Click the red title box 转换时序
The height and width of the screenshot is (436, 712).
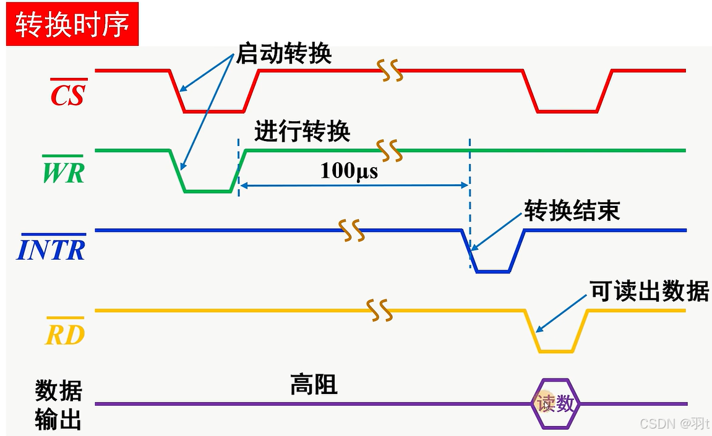[72, 25]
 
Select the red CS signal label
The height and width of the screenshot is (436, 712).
[67, 93]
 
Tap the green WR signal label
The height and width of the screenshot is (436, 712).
[62, 172]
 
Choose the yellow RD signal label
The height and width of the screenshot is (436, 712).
[66, 334]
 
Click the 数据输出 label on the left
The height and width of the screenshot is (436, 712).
[58, 405]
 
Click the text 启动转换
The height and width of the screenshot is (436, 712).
[284, 54]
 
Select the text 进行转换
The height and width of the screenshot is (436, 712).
[302, 132]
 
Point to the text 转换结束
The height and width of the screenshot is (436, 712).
[572, 211]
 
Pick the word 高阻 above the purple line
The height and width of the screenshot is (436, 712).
[314, 385]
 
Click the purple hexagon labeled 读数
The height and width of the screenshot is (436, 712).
[555, 404]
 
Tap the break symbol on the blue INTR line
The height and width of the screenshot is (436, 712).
[350, 230]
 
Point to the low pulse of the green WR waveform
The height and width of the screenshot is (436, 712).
[208, 191]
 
